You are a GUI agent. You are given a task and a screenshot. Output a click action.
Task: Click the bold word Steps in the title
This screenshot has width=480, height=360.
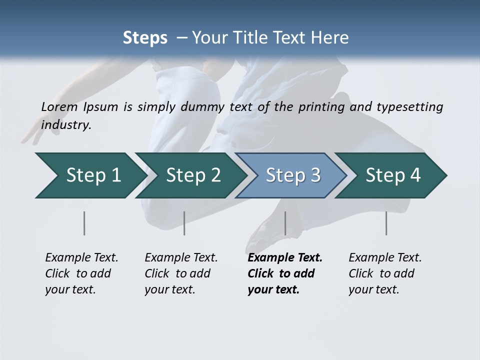tap(145, 38)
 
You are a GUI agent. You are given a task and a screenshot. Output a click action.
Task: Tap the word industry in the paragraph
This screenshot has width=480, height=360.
tap(66, 125)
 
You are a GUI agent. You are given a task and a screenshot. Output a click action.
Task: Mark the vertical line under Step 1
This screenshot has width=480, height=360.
tap(84, 223)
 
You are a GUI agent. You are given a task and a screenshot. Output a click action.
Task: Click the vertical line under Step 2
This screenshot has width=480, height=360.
tap(184, 223)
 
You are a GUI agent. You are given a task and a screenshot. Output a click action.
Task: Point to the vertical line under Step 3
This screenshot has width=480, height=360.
tap(285, 223)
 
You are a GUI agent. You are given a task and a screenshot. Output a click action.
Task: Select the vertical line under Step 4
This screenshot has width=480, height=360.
tap(386, 223)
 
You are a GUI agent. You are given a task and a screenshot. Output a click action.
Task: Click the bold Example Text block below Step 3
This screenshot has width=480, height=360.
tap(285, 273)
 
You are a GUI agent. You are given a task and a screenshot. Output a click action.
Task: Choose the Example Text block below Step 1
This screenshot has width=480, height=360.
tap(81, 273)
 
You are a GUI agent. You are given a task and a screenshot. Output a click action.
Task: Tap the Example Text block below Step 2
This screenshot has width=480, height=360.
tap(181, 273)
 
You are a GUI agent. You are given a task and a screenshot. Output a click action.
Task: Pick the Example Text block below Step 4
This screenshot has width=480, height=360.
tap(385, 273)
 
